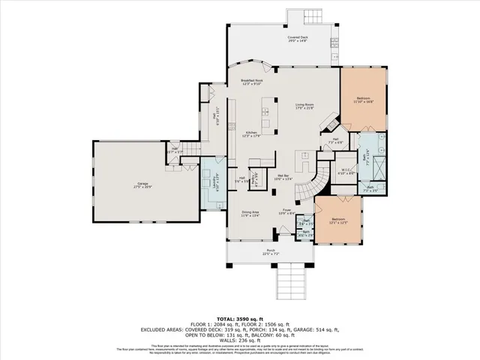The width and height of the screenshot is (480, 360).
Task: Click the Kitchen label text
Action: tap(251, 134)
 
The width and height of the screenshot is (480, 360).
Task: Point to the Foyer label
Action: tap(286, 211)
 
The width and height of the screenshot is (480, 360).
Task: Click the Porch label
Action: tap(271, 252)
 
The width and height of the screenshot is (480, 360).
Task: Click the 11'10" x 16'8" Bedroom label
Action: tap(363, 100)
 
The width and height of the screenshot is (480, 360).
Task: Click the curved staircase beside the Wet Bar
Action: tap(315, 185)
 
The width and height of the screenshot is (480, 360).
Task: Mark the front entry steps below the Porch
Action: tap(292, 283)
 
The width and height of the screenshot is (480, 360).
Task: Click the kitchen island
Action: tap(265, 116)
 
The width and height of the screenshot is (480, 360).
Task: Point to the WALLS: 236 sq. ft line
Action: tap(239, 339)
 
